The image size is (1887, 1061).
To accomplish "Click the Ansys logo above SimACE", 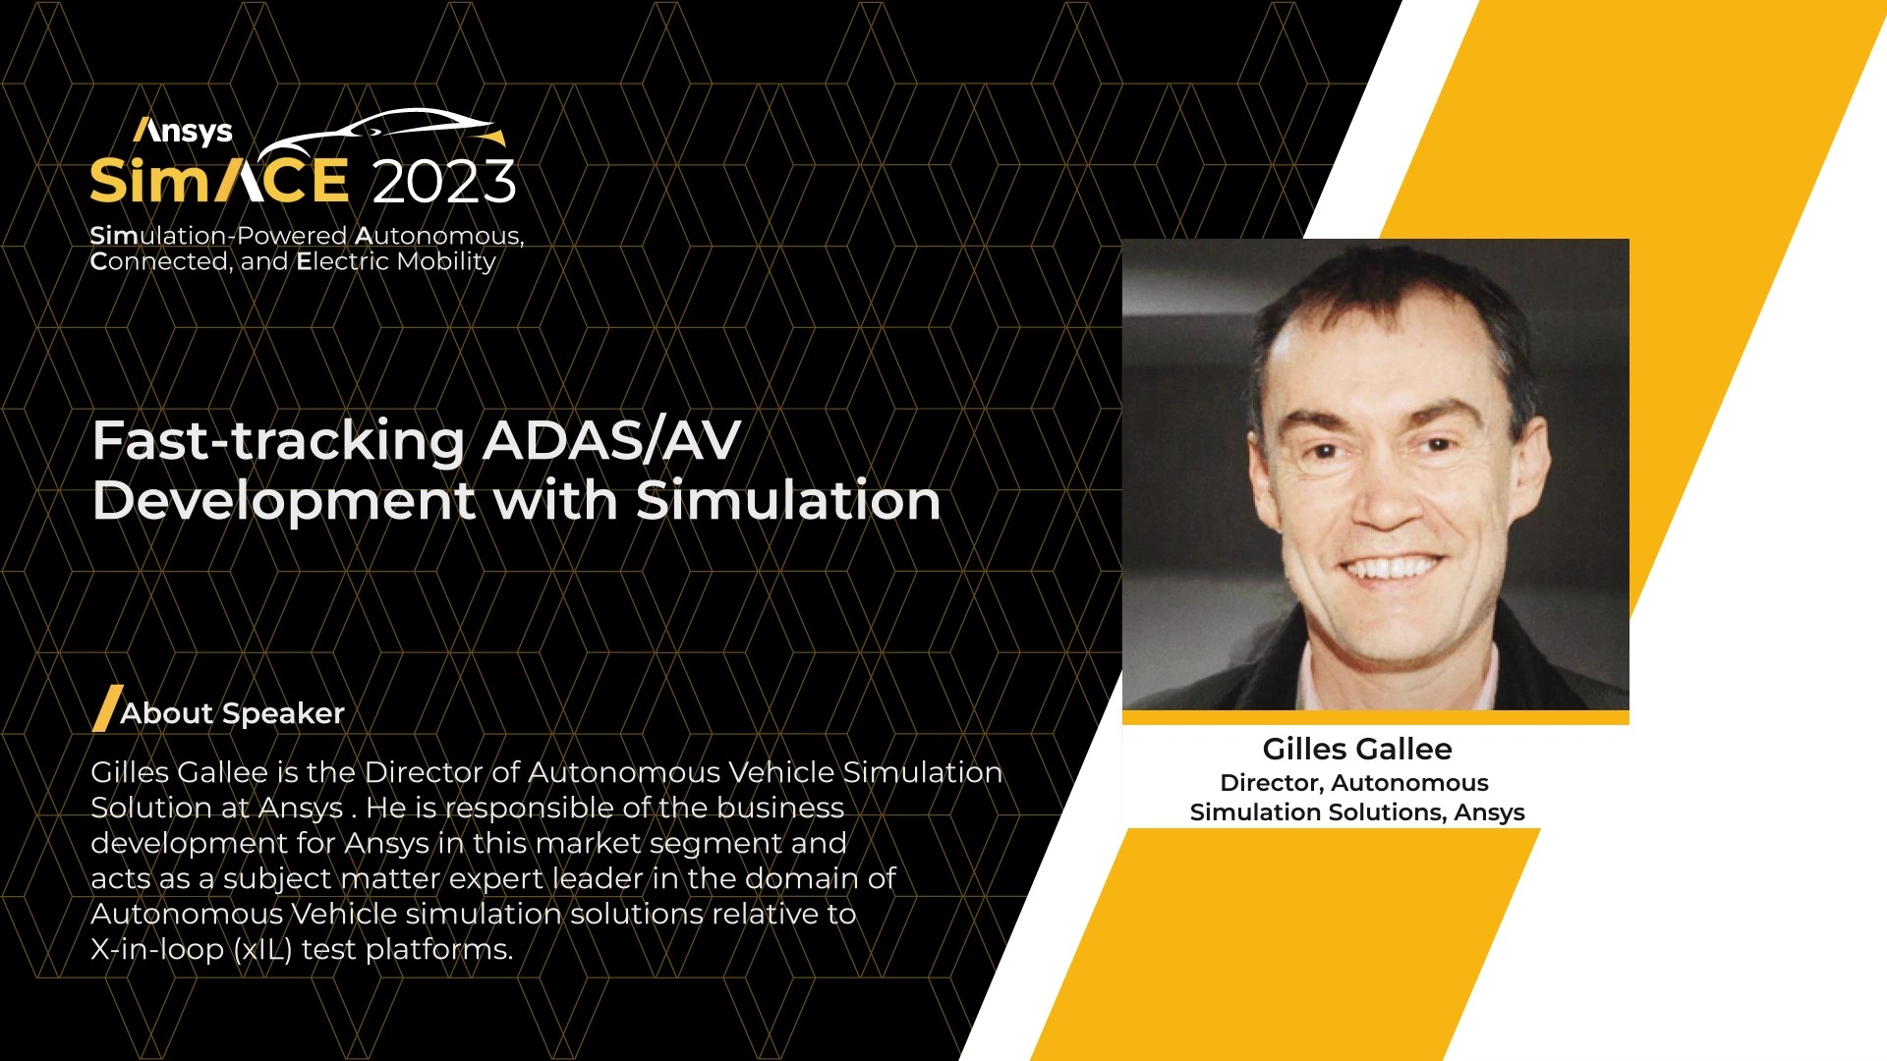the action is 183,131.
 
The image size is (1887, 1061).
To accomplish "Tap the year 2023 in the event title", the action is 444,182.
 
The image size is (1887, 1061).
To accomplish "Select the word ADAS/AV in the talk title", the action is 611,440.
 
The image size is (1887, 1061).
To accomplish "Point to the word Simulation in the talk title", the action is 788,500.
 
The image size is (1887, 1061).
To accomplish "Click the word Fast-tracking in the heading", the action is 278,441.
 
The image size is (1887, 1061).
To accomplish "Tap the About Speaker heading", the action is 232,713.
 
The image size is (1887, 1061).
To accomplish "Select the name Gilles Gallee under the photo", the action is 1357,749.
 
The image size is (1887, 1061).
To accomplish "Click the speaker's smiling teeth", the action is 1395,567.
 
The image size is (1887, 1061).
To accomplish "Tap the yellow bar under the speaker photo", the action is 1376,717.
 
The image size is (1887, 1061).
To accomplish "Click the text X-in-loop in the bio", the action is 157,950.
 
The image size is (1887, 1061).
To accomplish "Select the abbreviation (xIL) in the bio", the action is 263,950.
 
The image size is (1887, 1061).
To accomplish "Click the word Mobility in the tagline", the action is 446,262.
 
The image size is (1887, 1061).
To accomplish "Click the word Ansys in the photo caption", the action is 1489,812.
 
